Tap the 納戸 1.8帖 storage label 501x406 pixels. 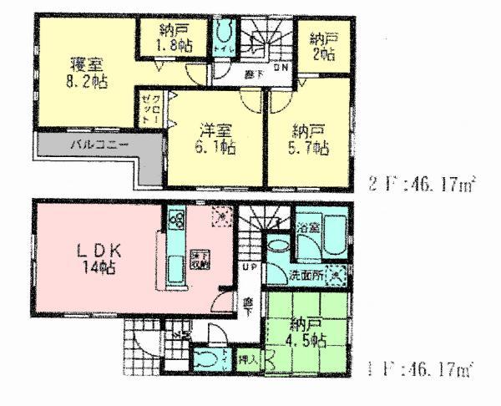(x=175, y=40)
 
